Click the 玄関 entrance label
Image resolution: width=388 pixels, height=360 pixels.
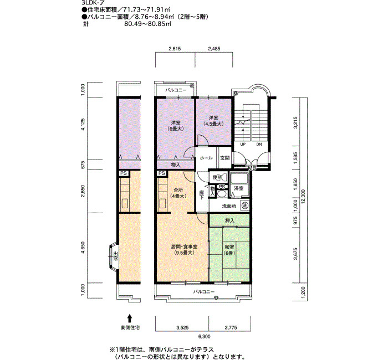224,158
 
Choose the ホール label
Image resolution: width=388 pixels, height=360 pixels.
206,158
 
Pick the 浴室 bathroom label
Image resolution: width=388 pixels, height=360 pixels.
239,189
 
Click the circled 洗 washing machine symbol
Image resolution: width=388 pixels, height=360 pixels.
244,205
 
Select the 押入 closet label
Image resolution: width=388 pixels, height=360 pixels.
229,221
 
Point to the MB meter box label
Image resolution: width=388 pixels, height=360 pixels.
251,168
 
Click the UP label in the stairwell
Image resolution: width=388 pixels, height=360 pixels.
242,145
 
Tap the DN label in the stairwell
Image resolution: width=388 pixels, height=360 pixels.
258,145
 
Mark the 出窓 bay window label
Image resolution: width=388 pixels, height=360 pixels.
116,256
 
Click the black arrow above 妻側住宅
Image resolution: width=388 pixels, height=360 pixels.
129,318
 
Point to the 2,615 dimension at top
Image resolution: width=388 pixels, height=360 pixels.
175,49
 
